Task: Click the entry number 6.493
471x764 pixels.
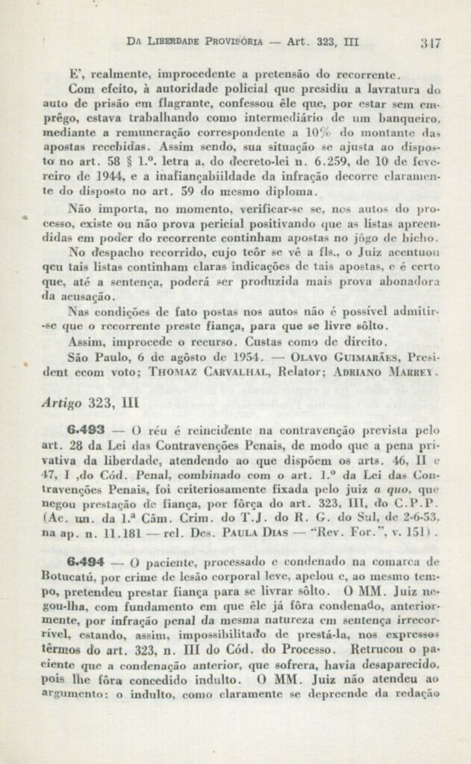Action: [x=84, y=430]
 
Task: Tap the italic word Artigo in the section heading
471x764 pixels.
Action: [x=60, y=404]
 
